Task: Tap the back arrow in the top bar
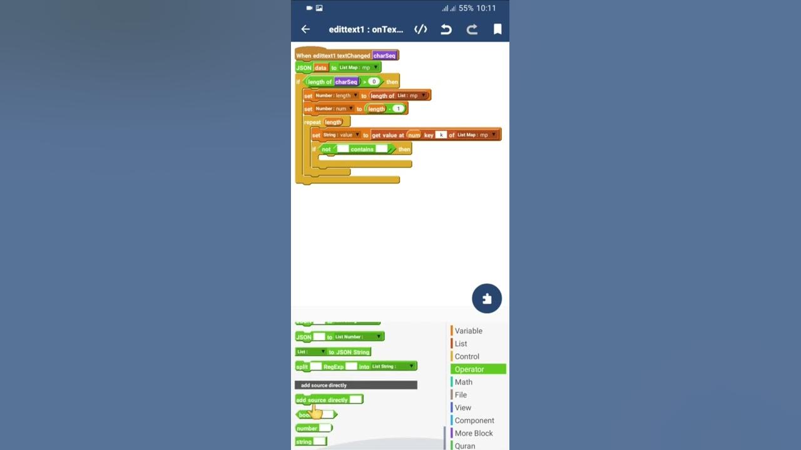(x=305, y=29)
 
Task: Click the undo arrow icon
(x=446, y=29)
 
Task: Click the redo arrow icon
(x=472, y=29)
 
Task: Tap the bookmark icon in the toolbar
(x=497, y=29)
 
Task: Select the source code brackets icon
(x=421, y=29)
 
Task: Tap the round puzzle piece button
(x=487, y=299)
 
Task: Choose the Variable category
(x=468, y=331)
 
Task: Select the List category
(x=461, y=344)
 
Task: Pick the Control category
(x=467, y=356)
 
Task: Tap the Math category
(x=463, y=382)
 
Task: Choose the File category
(x=461, y=395)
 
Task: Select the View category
(x=462, y=407)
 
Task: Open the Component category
(x=474, y=421)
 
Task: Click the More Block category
(x=473, y=433)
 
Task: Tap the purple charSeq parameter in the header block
(x=384, y=56)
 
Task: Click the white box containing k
(x=441, y=135)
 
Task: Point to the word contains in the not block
(x=362, y=149)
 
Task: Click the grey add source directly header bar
(x=355, y=385)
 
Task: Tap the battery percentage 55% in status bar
(x=466, y=8)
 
